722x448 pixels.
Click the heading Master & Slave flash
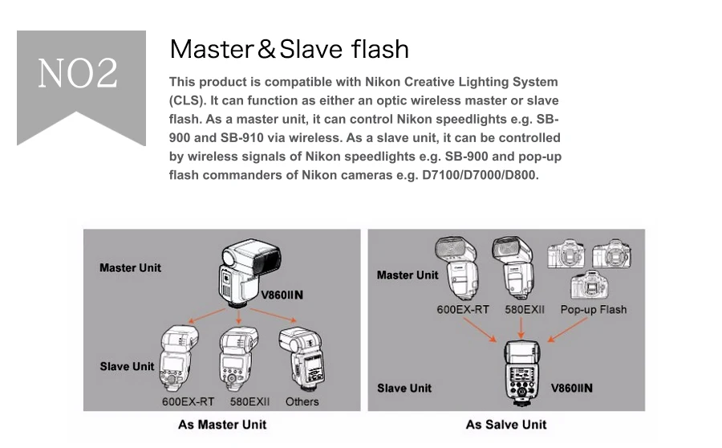click(x=289, y=49)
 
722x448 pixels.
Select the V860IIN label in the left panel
click(x=282, y=295)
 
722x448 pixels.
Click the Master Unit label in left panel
click(x=130, y=267)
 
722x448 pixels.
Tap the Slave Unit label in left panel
click(x=127, y=366)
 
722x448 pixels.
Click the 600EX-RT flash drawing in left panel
click(x=179, y=358)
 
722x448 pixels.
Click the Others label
click(x=302, y=401)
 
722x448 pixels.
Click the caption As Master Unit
click(x=222, y=424)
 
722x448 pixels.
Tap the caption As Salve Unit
click(x=505, y=424)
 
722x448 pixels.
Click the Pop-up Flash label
click(x=594, y=309)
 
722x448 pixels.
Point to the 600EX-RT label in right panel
click(x=463, y=309)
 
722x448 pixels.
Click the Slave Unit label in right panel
click(x=404, y=388)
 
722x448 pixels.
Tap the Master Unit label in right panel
click(x=408, y=275)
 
